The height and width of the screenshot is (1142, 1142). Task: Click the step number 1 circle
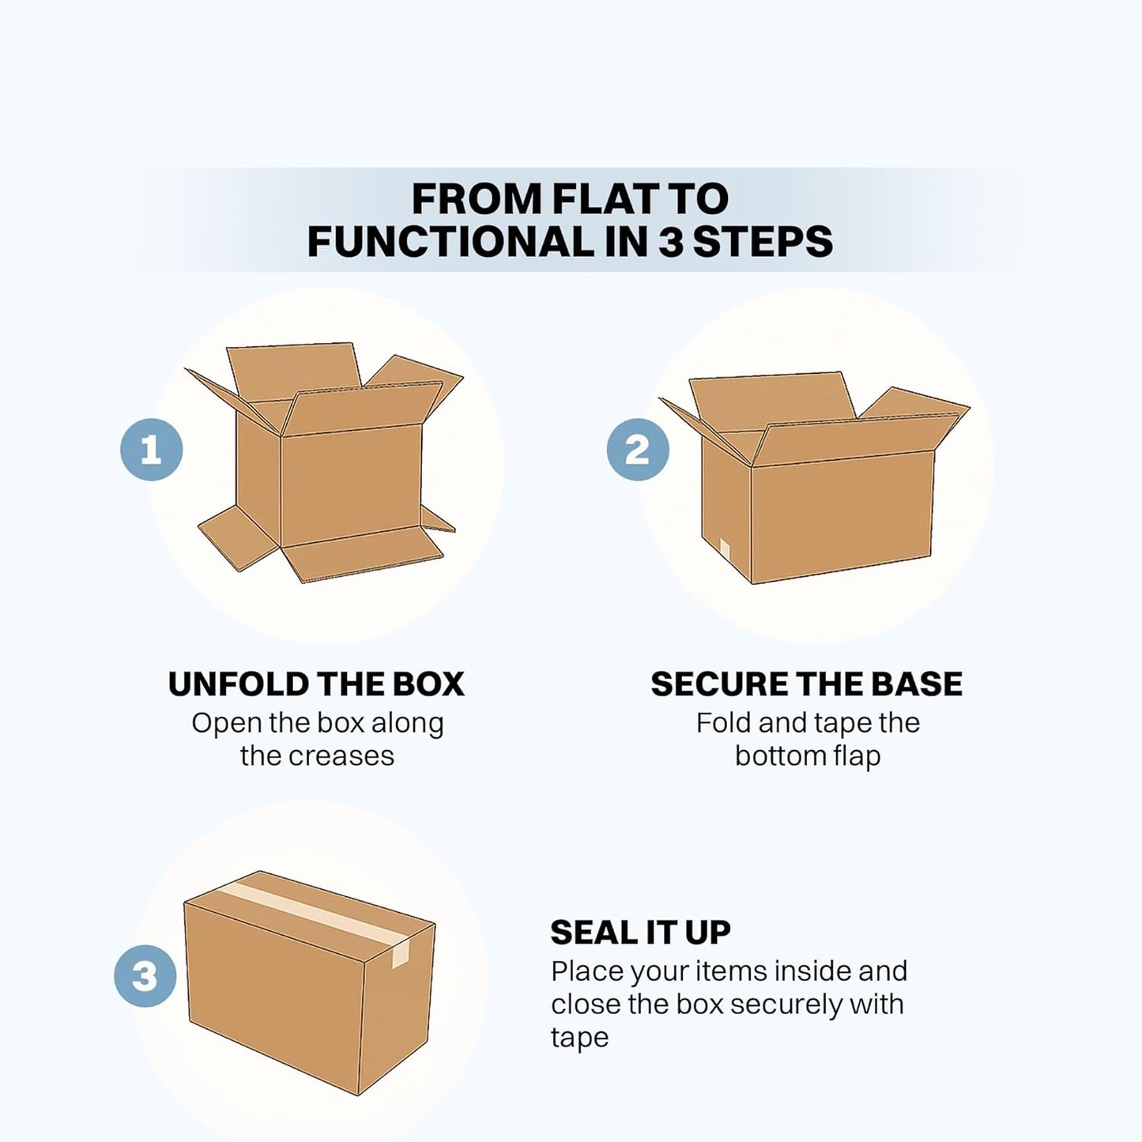click(x=151, y=450)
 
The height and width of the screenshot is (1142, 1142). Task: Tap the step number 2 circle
click(x=637, y=450)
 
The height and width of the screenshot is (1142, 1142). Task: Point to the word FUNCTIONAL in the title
click(x=449, y=241)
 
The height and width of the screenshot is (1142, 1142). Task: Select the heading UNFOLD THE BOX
click(x=316, y=684)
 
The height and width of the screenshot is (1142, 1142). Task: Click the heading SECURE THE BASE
click(x=807, y=684)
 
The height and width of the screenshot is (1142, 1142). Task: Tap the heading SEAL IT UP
click(x=640, y=933)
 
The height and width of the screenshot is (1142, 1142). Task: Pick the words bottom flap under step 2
click(x=807, y=756)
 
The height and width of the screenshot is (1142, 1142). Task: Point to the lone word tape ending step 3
click(x=579, y=1038)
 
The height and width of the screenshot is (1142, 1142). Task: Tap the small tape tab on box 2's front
click(x=725, y=546)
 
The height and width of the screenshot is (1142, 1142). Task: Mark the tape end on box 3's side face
click(x=400, y=954)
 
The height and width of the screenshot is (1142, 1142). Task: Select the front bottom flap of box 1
click(x=360, y=561)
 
